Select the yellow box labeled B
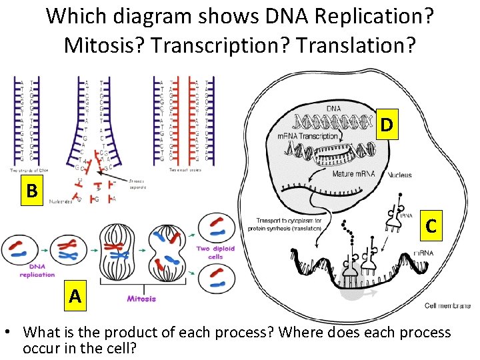(31, 190)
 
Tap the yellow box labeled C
(431, 226)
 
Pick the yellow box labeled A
(75, 295)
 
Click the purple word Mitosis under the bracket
(141, 299)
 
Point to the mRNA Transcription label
(308, 137)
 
